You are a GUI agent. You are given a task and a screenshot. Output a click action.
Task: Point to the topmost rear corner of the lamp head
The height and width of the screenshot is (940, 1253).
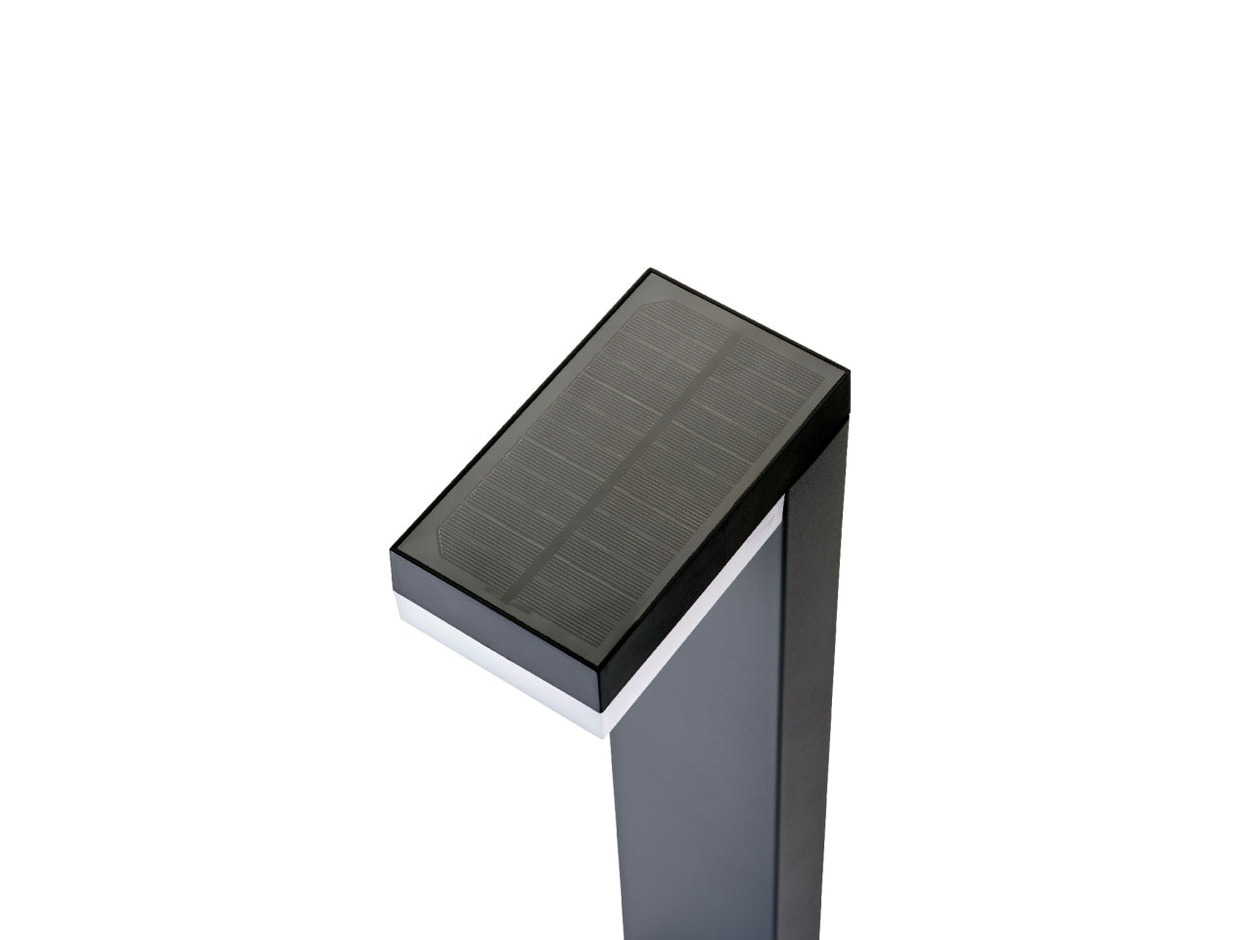(x=650, y=270)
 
